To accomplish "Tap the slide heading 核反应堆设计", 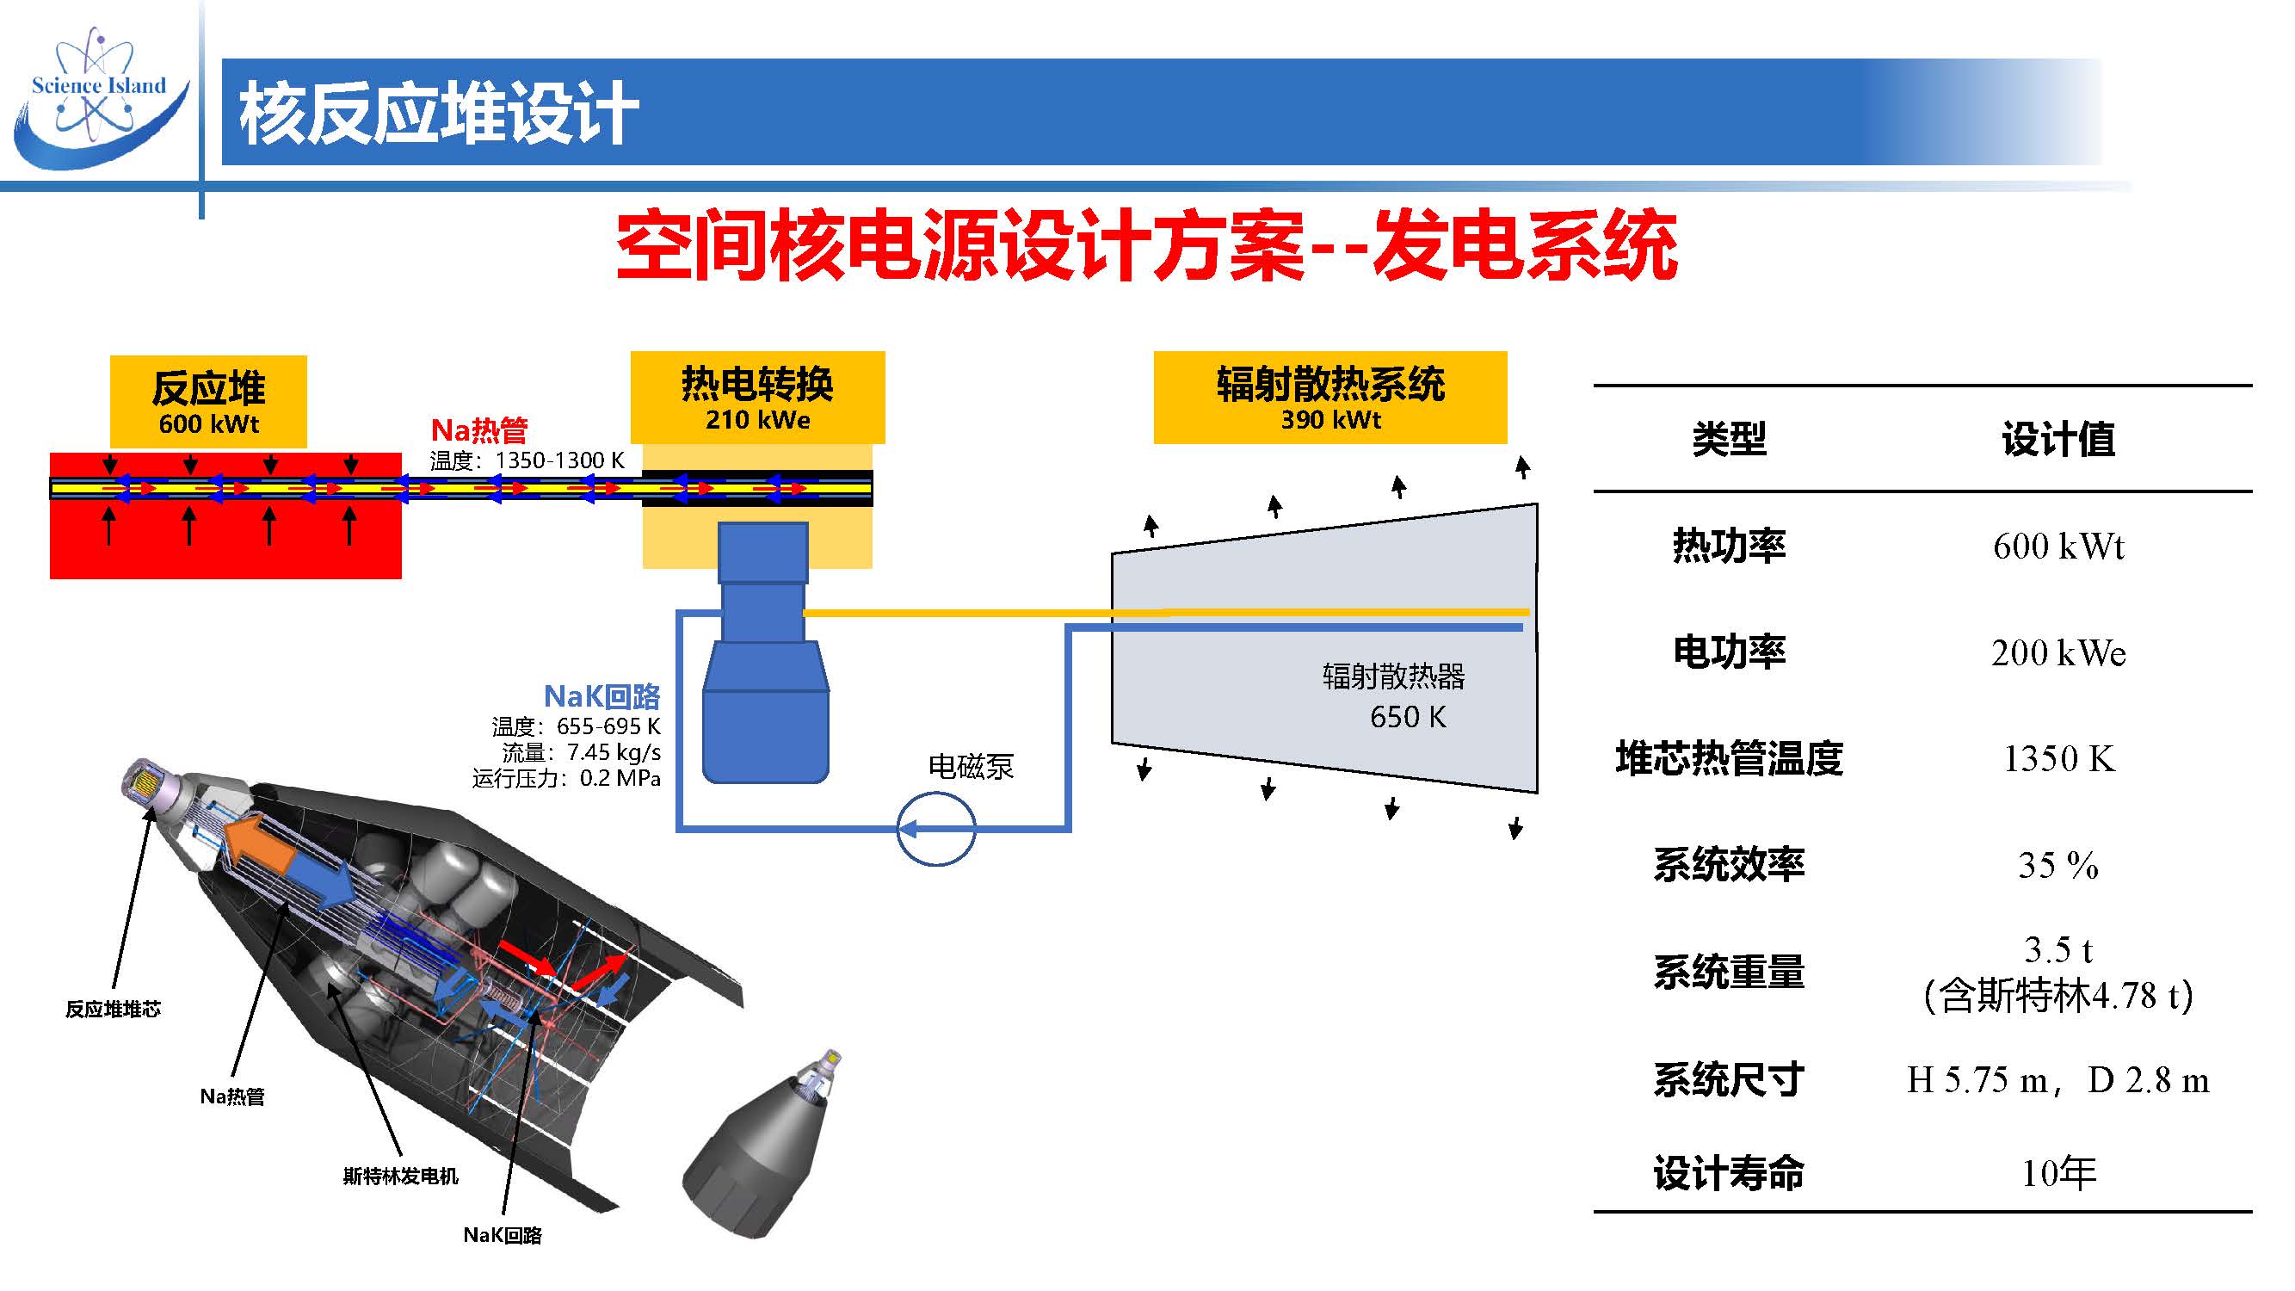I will (x=438, y=113).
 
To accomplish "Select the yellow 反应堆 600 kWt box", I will (x=208, y=401).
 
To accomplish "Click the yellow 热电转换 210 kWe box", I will (x=757, y=398).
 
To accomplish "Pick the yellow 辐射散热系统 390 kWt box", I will (x=1330, y=398).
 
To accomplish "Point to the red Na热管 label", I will (x=479, y=430).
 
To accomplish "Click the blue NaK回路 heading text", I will (x=602, y=695).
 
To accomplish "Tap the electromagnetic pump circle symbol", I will (x=935, y=830).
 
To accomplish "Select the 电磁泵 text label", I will (x=972, y=766).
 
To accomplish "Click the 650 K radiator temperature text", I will (x=1408, y=716).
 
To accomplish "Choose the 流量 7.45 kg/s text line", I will (x=581, y=753).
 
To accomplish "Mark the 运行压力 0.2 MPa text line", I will (x=566, y=778).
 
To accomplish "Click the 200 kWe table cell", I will (x=2058, y=653).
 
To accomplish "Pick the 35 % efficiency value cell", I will (x=2058, y=865).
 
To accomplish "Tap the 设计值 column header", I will (x=2058, y=439).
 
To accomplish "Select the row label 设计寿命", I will (x=1729, y=1173).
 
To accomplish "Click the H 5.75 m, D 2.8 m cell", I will (x=2058, y=1081).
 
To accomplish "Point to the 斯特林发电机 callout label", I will (x=400, y=1176).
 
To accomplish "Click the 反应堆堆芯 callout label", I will (x=113, y=1009).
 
